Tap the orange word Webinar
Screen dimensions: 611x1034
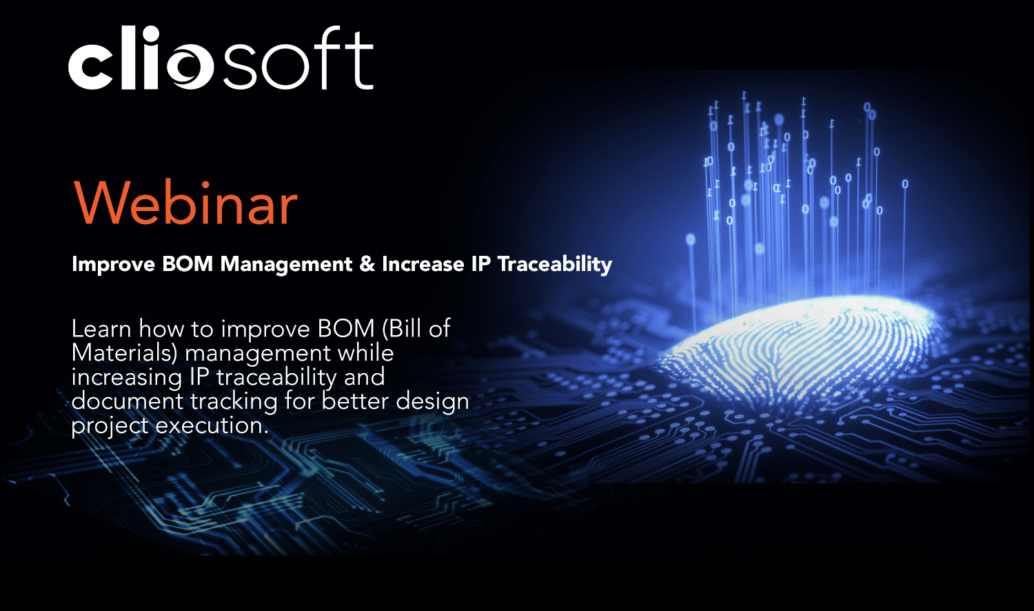[185, 203]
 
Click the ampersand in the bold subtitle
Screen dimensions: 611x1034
[367, 264]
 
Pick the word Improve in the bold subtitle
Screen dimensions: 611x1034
[113, 264]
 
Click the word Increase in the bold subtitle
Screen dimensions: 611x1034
[423, 264]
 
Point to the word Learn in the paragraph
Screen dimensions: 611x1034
[102, 328]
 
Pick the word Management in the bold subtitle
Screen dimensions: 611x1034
[286, 264]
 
